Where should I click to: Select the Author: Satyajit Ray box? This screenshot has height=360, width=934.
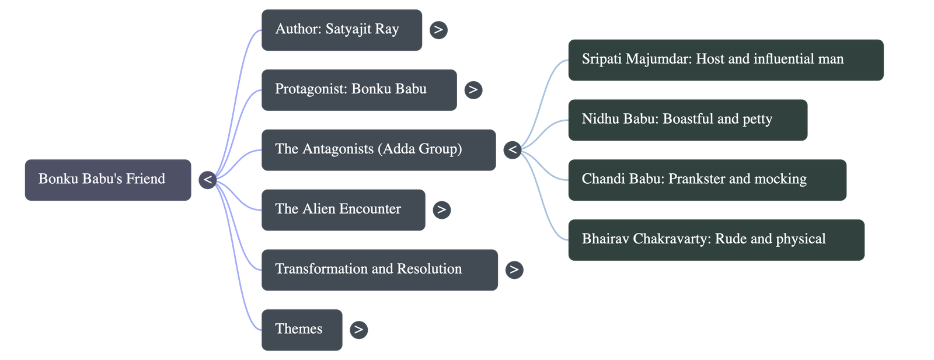341,30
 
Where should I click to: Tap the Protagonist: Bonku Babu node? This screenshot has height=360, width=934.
358,90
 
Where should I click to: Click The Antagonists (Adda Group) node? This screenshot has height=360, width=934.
378,150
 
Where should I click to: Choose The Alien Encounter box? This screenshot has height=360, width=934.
343,209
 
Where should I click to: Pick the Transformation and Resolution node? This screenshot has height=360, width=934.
379,270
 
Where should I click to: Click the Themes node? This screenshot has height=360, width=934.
301,330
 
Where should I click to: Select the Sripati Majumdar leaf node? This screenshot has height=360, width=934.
726,60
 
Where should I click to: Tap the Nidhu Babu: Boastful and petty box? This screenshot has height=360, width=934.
688,120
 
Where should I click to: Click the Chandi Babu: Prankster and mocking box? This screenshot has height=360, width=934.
707,180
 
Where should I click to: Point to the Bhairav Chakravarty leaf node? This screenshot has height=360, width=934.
716,240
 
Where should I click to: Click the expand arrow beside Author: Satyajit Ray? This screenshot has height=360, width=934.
438,30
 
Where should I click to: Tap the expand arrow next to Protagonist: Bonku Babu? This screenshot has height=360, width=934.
473,90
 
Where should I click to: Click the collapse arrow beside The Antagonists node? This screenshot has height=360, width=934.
513,150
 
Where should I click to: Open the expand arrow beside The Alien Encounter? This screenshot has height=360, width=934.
442,209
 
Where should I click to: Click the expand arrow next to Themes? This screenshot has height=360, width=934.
358,330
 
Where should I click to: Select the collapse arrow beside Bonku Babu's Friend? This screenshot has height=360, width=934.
207,180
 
